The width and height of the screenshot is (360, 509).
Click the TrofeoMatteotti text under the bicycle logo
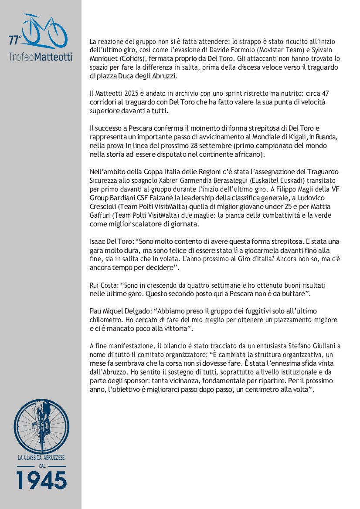(41, 57)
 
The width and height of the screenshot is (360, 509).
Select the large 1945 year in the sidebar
(41, 480)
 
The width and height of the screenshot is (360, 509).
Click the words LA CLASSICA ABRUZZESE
(41, 458)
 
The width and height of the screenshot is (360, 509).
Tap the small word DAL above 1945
(41, 466)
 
